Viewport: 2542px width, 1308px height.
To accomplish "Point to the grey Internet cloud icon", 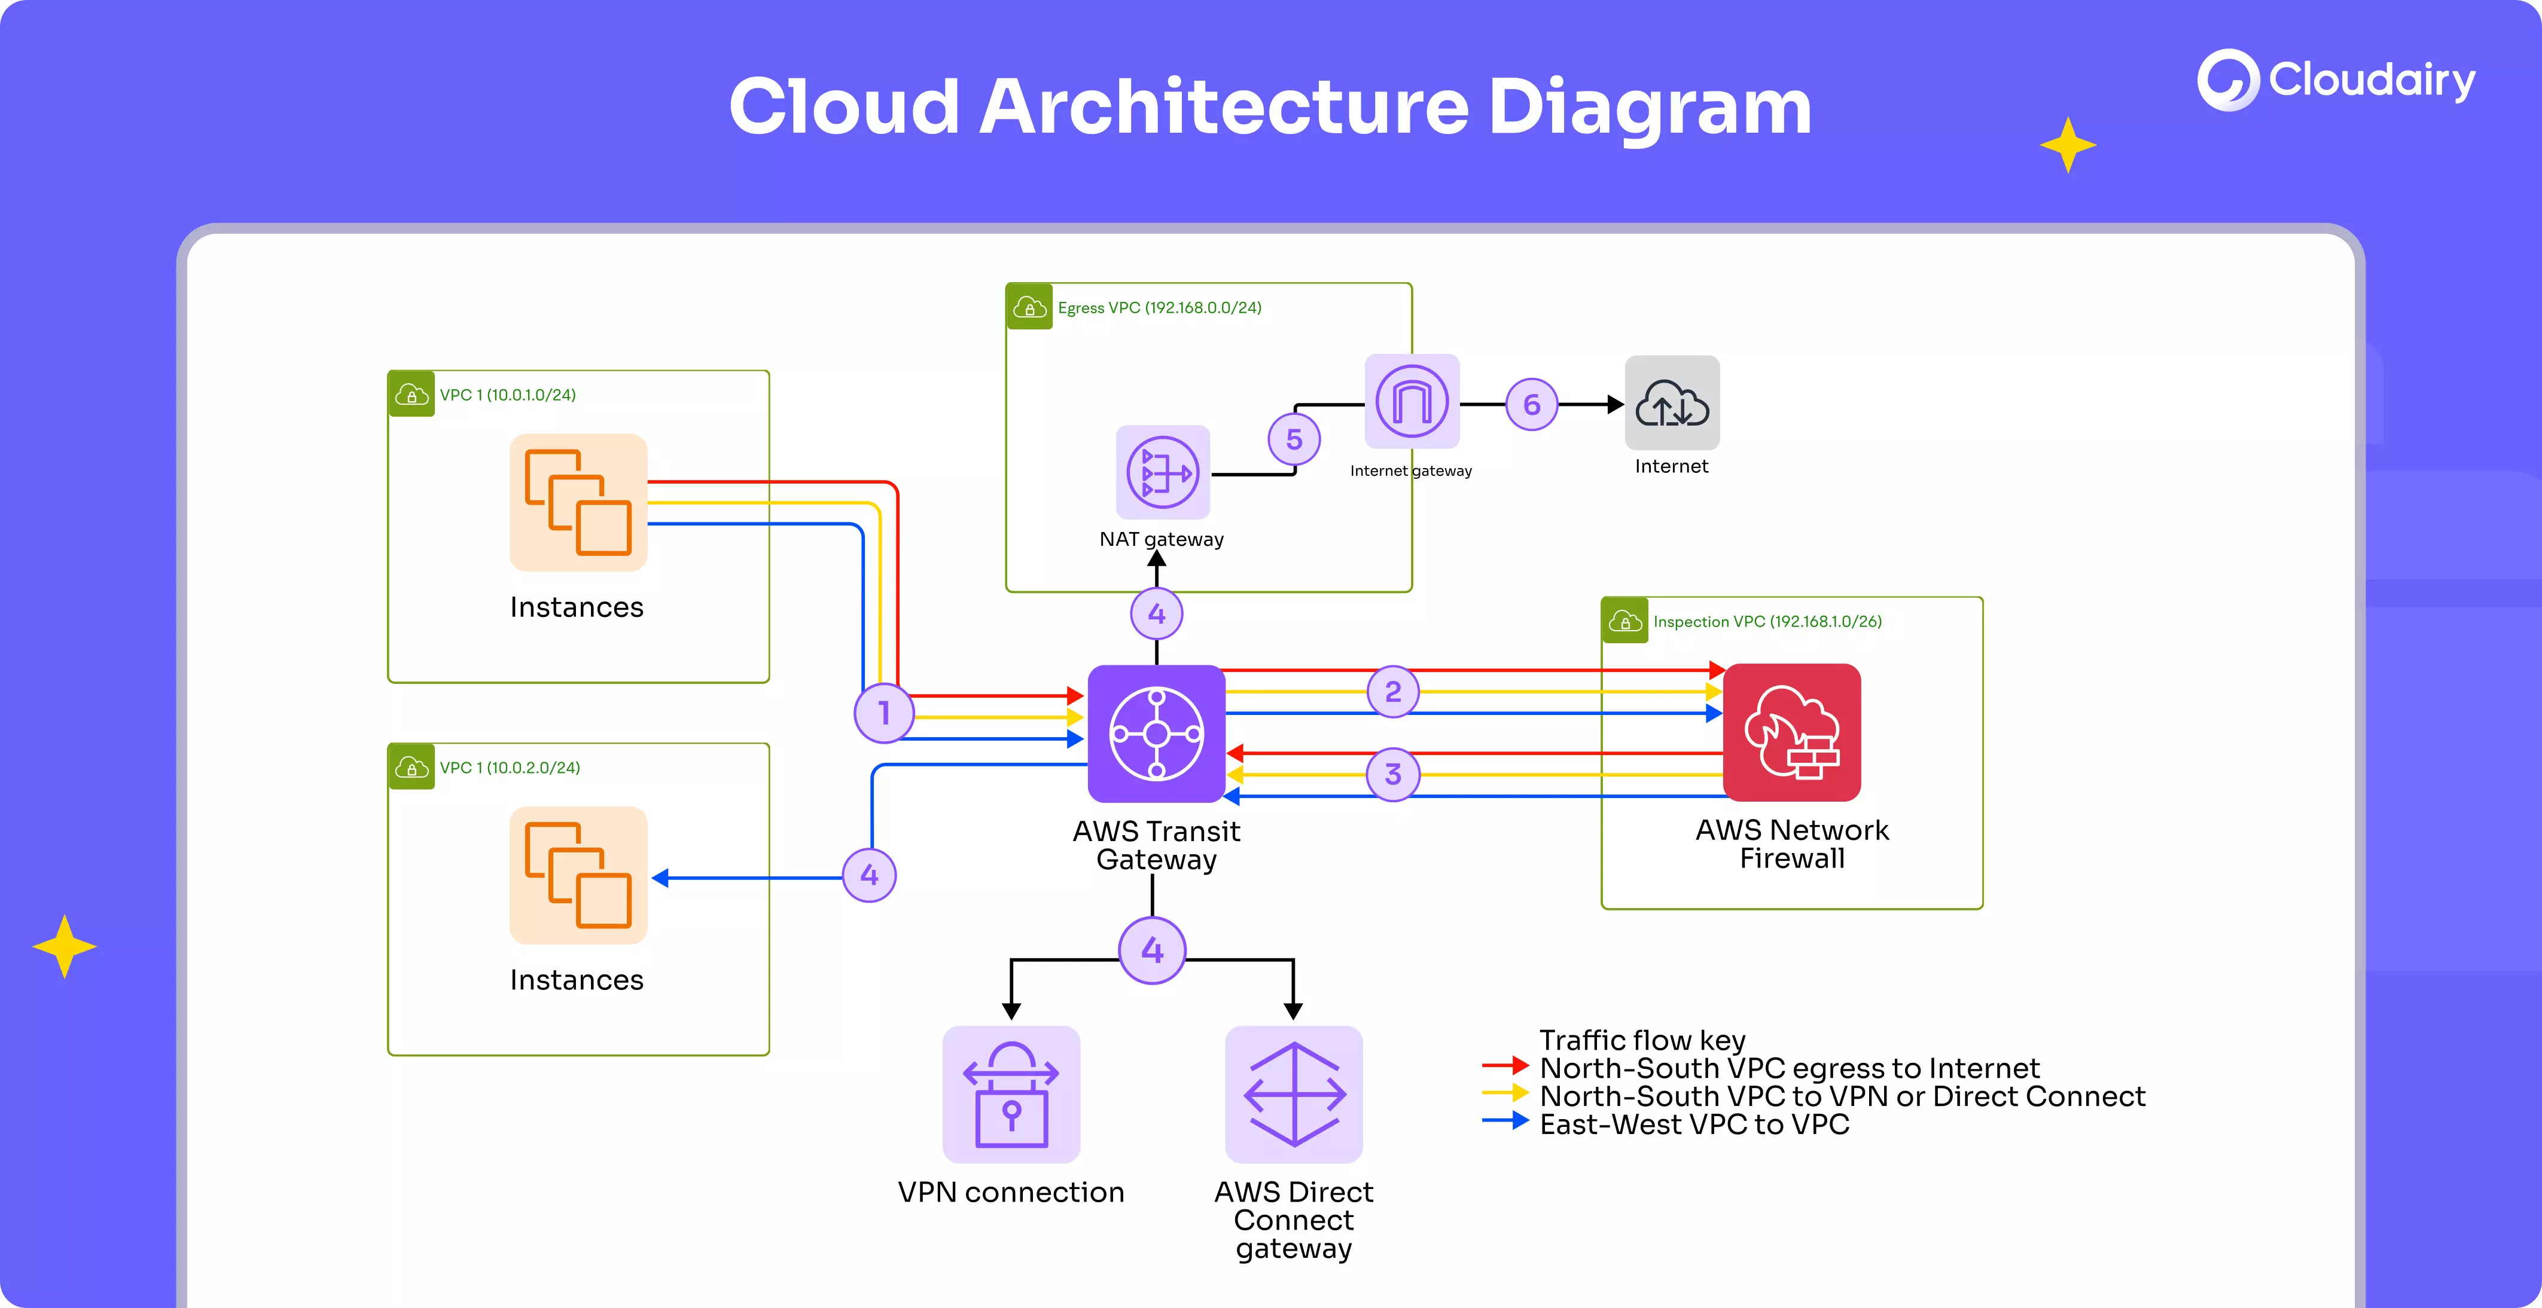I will [x=1672, y=402].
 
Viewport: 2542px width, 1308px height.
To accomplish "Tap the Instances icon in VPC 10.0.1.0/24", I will [x=578, y=502].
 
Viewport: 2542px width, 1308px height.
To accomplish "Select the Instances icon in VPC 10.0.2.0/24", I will [x=578, y=875].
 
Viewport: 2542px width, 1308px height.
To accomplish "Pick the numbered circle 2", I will [x=1392, y=692].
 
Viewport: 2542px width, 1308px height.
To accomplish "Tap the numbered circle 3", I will [x=1392, y=774].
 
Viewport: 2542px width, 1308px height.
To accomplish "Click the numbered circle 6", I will [x=1532, y=405].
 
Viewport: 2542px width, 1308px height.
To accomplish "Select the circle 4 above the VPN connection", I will [x=1151, y=951].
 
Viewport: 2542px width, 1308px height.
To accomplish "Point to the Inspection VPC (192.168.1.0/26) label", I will [x=1766, y=622].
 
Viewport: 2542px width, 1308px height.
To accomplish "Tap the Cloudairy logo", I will [x=2336, y=80].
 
